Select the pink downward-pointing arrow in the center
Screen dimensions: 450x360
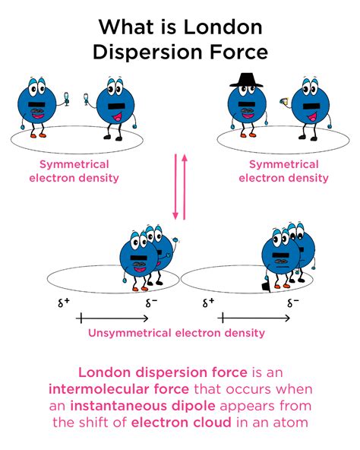[175, 187]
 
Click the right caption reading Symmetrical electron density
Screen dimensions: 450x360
[283, 171]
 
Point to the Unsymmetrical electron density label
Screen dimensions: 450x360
[177, 332]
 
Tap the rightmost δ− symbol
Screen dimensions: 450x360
[292, 302]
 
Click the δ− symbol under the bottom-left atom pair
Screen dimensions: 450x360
[151, 302]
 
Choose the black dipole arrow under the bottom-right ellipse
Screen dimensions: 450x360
[254, 317]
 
